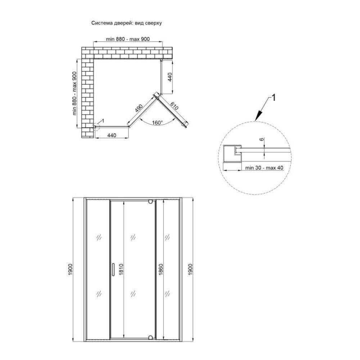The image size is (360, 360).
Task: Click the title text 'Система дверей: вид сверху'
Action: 126,23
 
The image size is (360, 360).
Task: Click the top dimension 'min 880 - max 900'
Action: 128,39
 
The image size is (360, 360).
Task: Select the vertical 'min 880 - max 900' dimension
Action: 75,94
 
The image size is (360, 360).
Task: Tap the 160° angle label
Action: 157,123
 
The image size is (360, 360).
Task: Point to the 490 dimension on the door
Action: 139,108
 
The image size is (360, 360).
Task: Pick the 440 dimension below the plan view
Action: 112,135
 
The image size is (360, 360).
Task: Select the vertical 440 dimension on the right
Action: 170,77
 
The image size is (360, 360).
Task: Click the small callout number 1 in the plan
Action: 103,121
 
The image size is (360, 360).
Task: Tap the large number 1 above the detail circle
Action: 273,98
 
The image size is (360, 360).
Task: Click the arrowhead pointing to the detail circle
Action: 259,116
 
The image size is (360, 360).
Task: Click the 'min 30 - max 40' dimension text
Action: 264,168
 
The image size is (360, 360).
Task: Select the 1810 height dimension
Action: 121,269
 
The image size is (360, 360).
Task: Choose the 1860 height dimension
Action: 161,269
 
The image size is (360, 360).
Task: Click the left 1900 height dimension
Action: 70,269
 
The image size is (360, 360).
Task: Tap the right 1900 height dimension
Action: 190,269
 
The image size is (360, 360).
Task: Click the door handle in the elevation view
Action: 113,269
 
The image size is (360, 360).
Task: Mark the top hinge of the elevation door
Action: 150,202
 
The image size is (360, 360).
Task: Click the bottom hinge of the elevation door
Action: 150,337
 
